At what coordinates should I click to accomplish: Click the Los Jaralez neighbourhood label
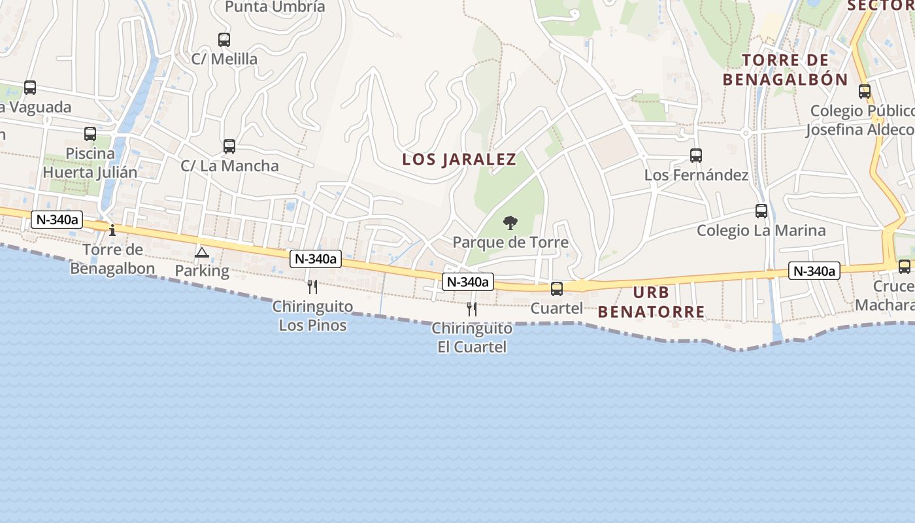(x=459, y=160)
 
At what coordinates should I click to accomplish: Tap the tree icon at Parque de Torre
(x=510, y=224)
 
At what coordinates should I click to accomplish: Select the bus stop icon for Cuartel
(x=557, y=288)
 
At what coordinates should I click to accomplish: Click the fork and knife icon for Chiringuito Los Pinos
(x=312, y=286)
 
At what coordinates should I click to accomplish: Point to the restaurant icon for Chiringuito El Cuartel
(x=472, y=309)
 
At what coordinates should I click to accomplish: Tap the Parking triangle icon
(x=202, y=252)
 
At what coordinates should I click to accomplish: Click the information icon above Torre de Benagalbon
(x=112, y=230)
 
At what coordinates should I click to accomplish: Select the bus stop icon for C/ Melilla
(x=224, y=40)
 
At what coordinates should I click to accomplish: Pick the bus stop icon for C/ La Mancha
(x=229, y=146)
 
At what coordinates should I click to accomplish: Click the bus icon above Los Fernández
(x=696, y=156)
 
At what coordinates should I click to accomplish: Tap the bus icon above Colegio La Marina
(x=761, y=211)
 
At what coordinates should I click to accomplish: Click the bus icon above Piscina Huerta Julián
(x=90, y=134)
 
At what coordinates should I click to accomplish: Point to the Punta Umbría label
(x=274, y=7)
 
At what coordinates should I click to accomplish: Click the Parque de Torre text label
(x=510, y=243)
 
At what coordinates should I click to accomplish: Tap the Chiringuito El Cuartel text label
(x=472, y=337)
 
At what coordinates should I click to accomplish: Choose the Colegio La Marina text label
(x=761, y=230)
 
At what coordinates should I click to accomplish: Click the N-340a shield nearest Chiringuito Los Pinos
(x=316, y=259)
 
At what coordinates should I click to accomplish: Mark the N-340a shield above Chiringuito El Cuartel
(x=467, y=282)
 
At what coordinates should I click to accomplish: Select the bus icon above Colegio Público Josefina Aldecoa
(x=865, y=92)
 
